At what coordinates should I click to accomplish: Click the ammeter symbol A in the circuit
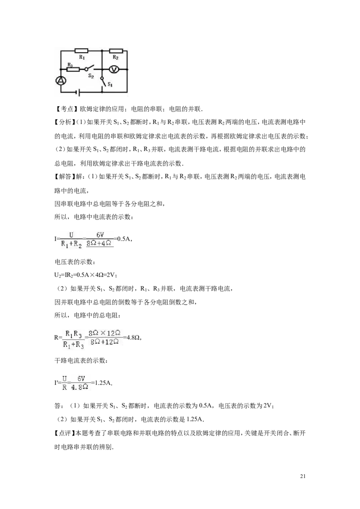(x=60, y=81)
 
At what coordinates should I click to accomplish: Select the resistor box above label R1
(x=81, y=51)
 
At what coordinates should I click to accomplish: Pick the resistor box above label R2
(x=116, y=51)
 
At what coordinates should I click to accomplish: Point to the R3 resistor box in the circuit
(x=73, y=69)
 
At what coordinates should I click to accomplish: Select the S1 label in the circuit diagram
(x=110, y=85)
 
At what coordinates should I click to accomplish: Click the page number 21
(x=303, y=477)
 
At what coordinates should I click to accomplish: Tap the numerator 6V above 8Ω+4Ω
(x=100, y=235)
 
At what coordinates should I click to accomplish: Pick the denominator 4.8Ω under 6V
(x=80, y=387)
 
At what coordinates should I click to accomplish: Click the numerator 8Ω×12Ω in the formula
(x=104, y=333)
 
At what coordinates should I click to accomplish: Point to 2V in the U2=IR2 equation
(x=110, y=275)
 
